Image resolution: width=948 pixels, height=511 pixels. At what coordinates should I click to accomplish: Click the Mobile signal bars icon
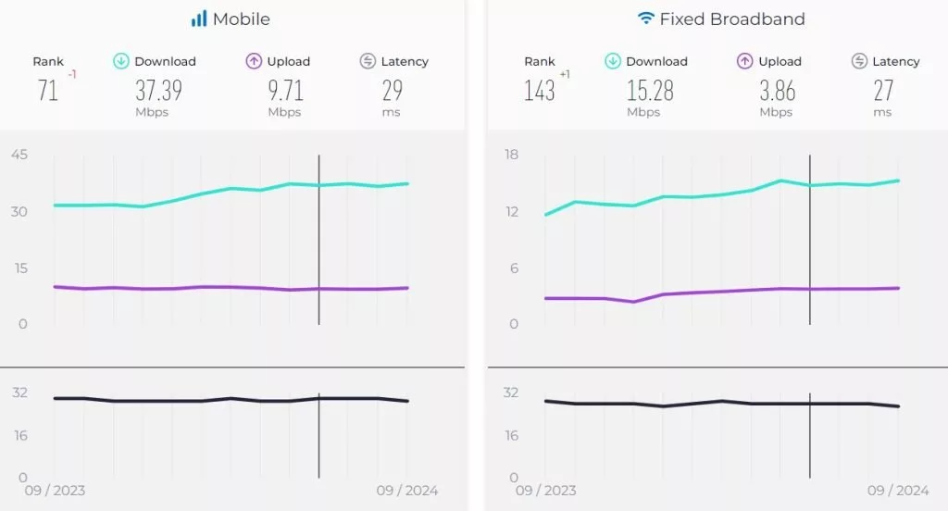coord(199,19)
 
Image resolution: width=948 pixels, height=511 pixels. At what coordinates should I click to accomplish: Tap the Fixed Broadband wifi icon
coord(646,19)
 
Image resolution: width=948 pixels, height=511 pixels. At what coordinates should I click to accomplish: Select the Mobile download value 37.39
coord(158,91)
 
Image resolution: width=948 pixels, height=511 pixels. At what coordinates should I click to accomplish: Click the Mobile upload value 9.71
coord(284,91)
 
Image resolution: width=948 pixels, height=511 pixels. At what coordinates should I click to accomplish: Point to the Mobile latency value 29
coord(393,91)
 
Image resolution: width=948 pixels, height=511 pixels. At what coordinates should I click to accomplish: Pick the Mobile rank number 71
coord(48,91)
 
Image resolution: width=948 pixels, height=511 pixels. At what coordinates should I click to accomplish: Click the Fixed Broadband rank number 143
coord(539,91)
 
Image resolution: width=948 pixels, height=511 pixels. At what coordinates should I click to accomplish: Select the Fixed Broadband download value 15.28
coord(650,91)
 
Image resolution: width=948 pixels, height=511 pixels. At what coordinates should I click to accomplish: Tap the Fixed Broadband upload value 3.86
coord(776,91)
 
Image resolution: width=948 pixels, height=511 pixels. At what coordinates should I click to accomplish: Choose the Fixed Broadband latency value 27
coord(883,91)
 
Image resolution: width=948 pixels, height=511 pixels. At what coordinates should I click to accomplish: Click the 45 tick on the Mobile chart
coord(19,155)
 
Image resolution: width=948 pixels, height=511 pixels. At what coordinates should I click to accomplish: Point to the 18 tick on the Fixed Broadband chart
coord(511,155)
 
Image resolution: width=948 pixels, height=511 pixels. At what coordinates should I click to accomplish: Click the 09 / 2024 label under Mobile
coord(407,491)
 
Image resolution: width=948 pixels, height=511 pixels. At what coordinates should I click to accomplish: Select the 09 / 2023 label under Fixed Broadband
coord(545,491)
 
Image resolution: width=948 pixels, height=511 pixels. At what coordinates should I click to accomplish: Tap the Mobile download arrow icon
coord(120,61)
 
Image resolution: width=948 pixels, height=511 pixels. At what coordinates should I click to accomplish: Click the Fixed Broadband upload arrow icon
coord(744,61)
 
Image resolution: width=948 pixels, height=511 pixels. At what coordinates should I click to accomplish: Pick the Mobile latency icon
coord(368,61)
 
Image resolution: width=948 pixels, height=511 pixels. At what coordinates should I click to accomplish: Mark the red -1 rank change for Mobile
coord(72,75)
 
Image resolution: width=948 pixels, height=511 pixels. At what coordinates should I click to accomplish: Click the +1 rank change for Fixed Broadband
coord(565,74)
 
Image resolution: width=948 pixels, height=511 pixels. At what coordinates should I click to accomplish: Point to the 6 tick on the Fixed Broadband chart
coord(515,268)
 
